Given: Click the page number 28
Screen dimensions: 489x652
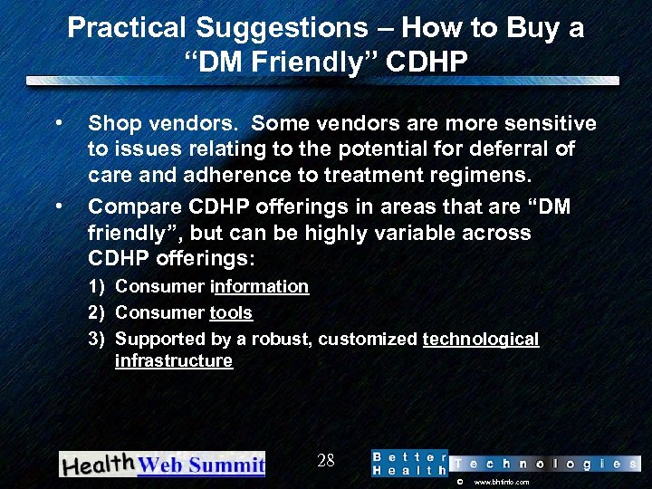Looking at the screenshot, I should pyautogui.click(x=326, y=461).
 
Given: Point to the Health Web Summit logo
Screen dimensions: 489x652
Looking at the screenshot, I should pyautogui.click(x=162, y=464).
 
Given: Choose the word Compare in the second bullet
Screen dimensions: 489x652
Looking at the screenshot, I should pyautogui.click(x=132, y=207).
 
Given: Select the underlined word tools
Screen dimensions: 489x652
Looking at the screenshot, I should pyautogui.click(x=231, y=312).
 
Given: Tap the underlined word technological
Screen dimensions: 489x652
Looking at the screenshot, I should pyautogui.click(x=480, y=339).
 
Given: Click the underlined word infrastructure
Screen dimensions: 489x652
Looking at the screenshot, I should pyautogui.click(x=174, y=360).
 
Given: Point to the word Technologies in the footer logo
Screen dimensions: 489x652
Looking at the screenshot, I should pyautogui.click(x=544, y=464).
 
